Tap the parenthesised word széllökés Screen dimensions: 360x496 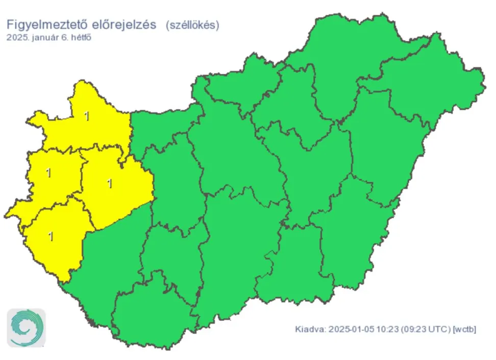coord(192,25)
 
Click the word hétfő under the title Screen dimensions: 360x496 coord(81,37)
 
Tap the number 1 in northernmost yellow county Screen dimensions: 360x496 coord(87,116)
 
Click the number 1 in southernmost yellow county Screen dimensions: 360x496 coord(50,236)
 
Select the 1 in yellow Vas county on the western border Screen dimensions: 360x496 coord(48,173)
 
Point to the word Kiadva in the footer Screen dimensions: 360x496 coord(309,329)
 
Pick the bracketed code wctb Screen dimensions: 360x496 coord(464,329)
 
